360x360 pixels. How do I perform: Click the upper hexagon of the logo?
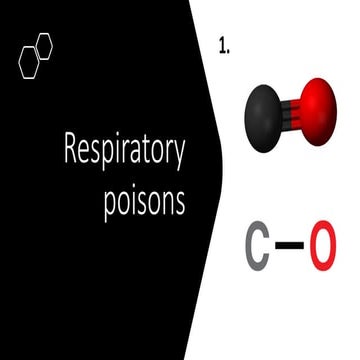pyautogui.click(x=44, y=46)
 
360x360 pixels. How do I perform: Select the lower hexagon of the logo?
pyautogui.click(x=30, y=63)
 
